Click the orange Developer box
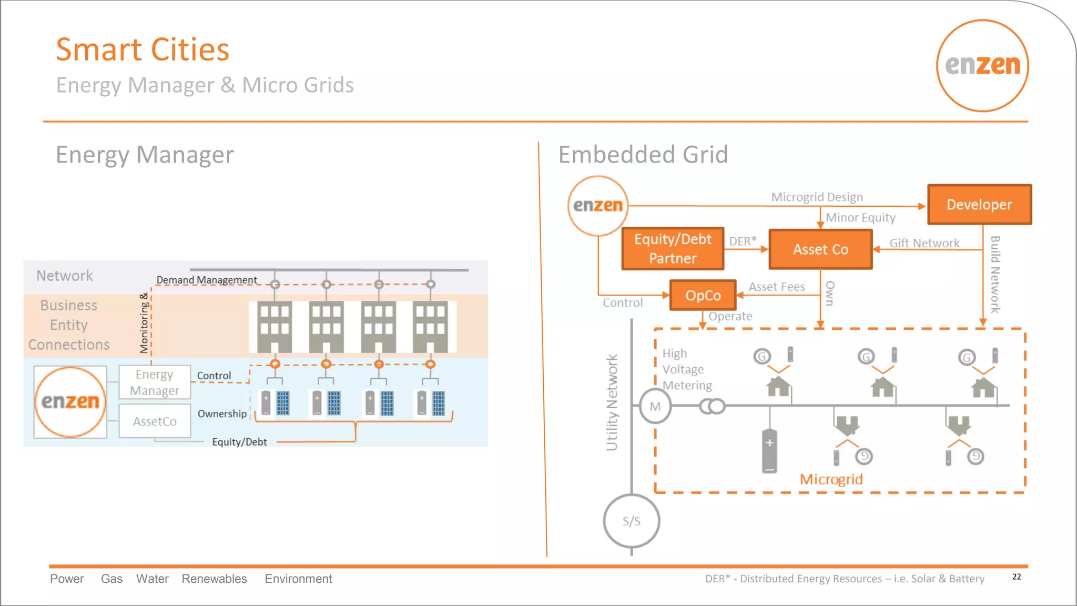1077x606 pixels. pyautogui.click(x=979, y=205)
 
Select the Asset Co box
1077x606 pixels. pyautogui.click(x=820, y=249)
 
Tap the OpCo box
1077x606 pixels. pyautogui.click(x=703, y=296)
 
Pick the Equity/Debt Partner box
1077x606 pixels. pyautogui.click(x=673, y=249)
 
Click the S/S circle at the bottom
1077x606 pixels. pyautogui.click(x=631, y=521)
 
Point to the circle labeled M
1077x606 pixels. pyautogui.click(x=655, y=407)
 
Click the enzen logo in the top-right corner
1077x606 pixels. pyautogui.click(x=982, y=66)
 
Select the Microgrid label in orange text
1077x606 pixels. pyautogui.click(x=831, y=479)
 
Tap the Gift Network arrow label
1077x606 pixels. pyautogui.click(x=924, y=243)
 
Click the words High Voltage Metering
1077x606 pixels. pyautogui.click(x=686, y=369)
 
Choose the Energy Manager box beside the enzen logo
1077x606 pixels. pyautogui.click(x=155, y=382)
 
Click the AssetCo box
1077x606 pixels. pyautogui.click(x=155, y=421)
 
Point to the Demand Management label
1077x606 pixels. pyautogui.click(x=207, y=280)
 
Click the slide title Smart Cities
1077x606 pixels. pyautogui.click(x=143, y=49)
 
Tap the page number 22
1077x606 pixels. pyautogui.click(x=1016, y=577)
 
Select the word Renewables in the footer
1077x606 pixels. pyautogui.click(x=214, y=579)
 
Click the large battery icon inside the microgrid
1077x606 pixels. pyautogui.click(x=769, y=451)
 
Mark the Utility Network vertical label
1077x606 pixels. pyautogui.click(x=612, y=402)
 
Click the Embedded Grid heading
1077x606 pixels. pyautogui.click(x=643, y=155)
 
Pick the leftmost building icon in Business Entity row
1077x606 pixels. pyautogui.click(x=274, y=327)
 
